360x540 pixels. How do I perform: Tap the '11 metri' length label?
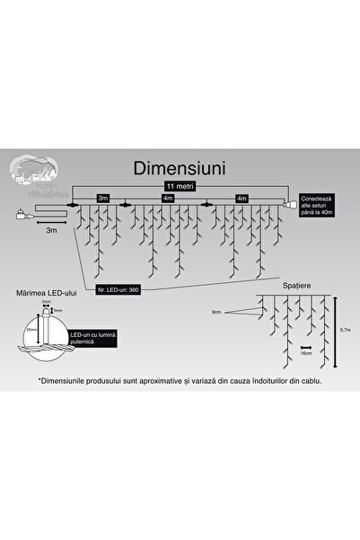[x=180, y=186]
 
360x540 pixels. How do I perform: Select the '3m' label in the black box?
[x=104, y=198]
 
